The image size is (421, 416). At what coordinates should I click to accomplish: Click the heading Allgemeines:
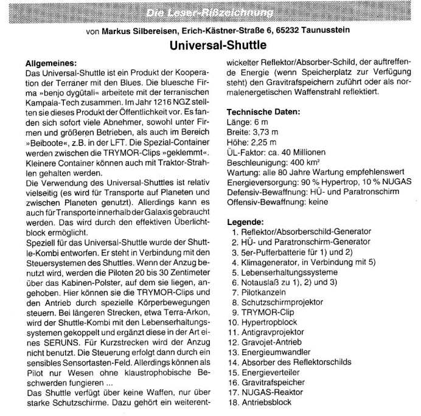(51, 62)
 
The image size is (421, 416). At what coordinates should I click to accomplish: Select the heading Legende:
(245, 221)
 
